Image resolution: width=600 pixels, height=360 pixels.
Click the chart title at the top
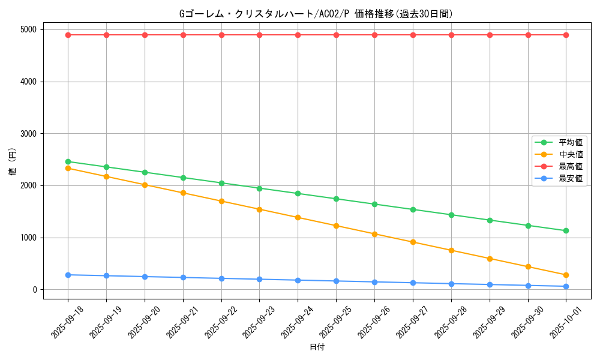coord(316,14)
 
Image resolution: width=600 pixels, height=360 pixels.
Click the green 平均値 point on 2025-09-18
coord(68,161)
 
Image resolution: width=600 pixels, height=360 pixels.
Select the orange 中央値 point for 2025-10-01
coord(566,275)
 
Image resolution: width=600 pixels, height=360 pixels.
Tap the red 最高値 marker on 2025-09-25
coord(336,35)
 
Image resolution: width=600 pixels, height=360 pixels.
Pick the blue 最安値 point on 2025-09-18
coord(68,275)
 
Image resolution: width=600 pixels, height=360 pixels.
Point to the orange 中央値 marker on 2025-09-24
coord(298,217)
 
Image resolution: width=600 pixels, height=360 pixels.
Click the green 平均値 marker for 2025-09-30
coord(528,226)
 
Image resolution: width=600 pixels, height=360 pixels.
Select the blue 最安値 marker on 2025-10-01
coord(566,286)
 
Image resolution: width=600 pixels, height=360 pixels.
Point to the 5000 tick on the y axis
coord(28,29)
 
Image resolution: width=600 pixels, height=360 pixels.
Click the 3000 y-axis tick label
coord(28,134)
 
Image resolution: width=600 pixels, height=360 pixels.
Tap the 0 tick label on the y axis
coord(35,290)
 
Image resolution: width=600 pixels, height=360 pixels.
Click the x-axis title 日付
coord(317,347)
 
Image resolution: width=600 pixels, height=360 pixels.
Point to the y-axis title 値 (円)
coord(13,162)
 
